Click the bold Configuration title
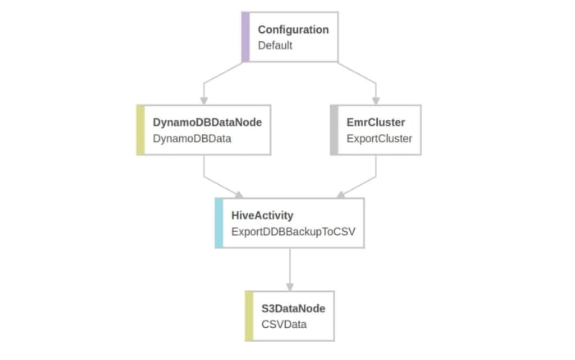292,30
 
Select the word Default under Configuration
275,45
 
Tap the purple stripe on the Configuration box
246,37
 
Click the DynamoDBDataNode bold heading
207,122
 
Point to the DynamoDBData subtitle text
191,138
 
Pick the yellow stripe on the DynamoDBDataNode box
140,130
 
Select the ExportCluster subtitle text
379,138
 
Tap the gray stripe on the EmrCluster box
333,130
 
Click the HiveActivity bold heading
262,215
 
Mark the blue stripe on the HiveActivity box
218,223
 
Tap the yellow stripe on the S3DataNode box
249,316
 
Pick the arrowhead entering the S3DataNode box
289,286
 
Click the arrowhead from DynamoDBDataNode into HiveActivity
239,194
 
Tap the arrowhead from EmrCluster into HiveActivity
340,194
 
